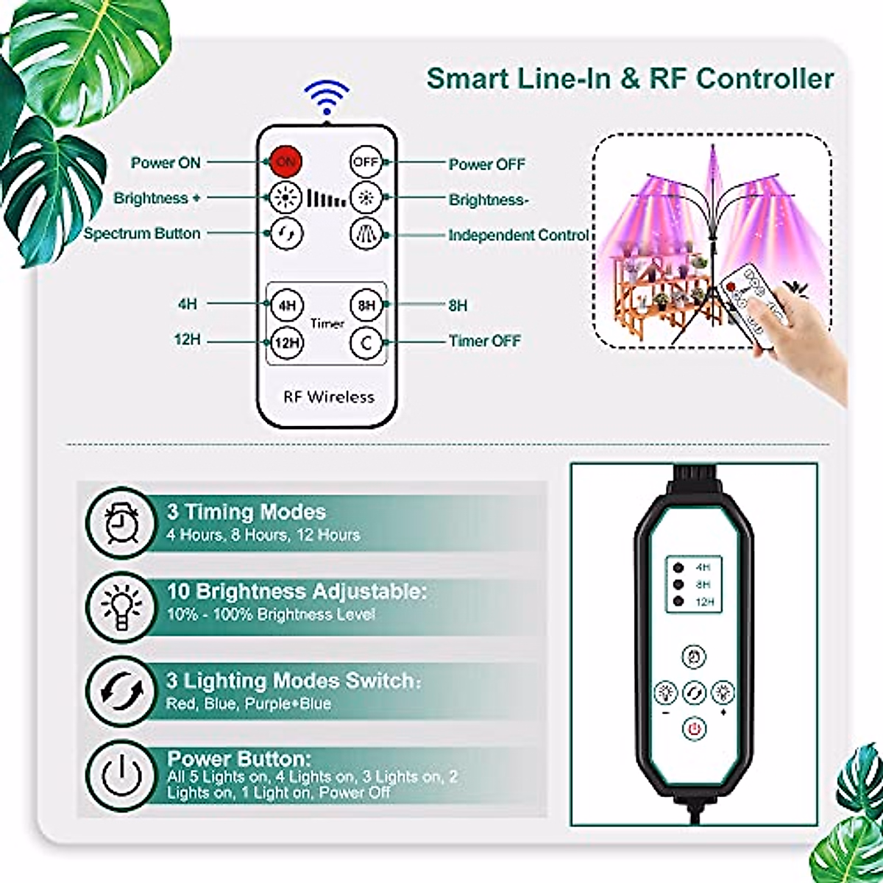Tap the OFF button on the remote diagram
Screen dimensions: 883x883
tap(365, 161)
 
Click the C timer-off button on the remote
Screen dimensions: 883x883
tap(366, 341)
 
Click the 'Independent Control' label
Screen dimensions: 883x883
tap(519, 235)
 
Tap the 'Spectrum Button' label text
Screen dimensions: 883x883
tap(142, 234)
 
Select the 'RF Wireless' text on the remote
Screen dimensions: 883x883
tap(329, 397)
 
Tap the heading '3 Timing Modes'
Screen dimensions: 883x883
tap(247, 512)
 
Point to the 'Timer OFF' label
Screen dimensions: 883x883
tap(485, 341)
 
